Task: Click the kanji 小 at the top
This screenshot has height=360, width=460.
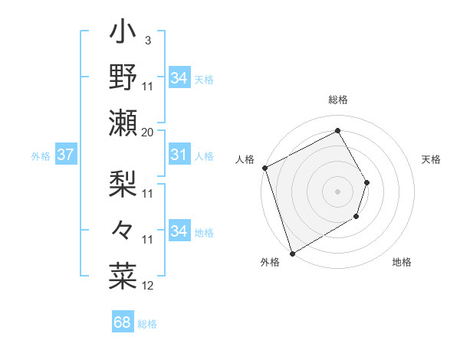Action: pos(123,34)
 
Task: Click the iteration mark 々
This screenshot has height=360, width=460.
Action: pos(123,228)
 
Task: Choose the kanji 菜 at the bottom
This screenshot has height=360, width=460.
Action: pos(123,273)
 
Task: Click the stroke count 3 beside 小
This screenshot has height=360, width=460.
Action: pos(147,41)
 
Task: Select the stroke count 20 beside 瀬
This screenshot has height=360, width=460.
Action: pos(148,132)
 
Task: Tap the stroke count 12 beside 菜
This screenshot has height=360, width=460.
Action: pos(148,286)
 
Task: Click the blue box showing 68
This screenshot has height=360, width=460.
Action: pos(123,323)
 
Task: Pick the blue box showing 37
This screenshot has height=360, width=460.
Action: pos(66,155)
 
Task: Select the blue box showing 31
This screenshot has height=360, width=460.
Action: pos(179,155)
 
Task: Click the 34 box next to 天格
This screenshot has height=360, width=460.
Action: pos(179,78)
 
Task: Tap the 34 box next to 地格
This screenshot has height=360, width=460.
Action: pos(179,231)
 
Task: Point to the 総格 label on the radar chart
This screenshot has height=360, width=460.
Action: pos(338,100)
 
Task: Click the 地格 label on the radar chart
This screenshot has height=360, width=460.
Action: pos(402,263)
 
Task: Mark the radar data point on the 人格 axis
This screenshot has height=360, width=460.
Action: pos(264,168)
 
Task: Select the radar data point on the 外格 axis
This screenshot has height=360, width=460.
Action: pos(292,253)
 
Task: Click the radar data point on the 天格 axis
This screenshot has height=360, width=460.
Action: pos(367,182)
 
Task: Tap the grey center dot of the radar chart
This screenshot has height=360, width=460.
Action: pos(337,191)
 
